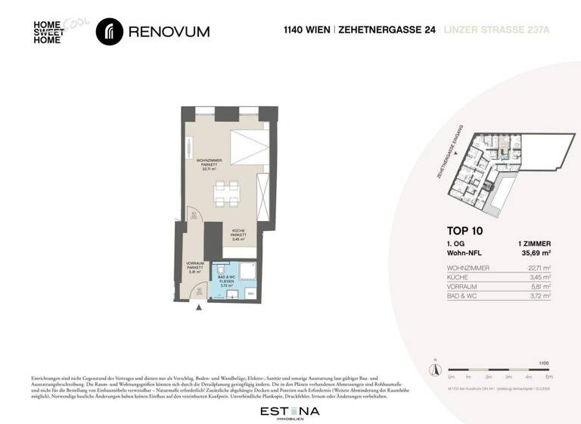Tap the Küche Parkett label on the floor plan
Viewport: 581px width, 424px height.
point(238,235)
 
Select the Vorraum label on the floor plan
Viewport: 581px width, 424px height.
point(195,266)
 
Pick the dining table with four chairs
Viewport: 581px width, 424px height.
point(227,194)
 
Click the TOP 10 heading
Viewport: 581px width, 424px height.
point(464,231)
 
